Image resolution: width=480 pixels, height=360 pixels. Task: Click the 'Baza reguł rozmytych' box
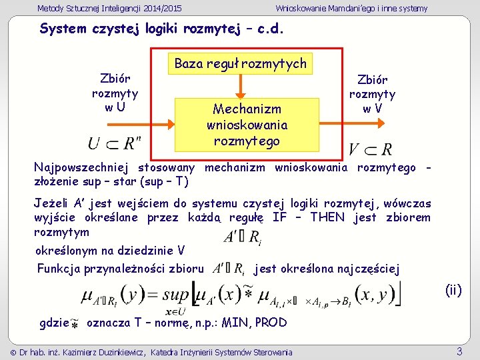pyautogui.click(x=240, y=64)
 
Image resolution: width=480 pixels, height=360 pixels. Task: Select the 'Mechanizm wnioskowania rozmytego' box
pyautogui.click(x=246, y=125)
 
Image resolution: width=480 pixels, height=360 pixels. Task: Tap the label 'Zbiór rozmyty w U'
pyautogui.click(x=115, y=93)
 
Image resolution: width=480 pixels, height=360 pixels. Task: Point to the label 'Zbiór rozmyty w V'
pyautogui.click(x=372, y=94)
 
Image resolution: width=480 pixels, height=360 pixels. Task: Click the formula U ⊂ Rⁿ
pyautogui.click(x=114, y=143)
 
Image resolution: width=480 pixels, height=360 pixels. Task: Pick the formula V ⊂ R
pyautogui.click(x=370, y=149)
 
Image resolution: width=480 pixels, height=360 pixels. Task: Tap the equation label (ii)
pyautogui.click(x=453, y=289)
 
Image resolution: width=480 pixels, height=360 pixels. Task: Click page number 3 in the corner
pyautogui.click(x=459, y=351)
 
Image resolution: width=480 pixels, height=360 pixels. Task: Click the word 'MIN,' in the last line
pyautogui.click(x=240, y=323)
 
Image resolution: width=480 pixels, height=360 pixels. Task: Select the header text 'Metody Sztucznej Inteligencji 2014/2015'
pyautogui.click(x=109, y=8)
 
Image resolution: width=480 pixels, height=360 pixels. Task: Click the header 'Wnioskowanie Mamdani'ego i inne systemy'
pyautogui.click(x=351, y=8)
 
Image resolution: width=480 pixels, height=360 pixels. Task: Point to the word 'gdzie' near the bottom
pyautogui.click(x=55, y=323)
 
